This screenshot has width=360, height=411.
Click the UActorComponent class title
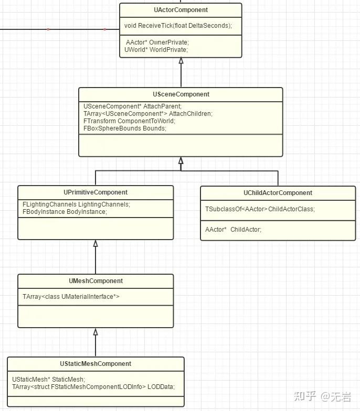181,10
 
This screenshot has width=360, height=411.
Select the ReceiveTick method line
178,26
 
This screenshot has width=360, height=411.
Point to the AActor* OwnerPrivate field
156,42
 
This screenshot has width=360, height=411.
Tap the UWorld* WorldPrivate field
156,50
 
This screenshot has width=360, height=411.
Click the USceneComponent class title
181,94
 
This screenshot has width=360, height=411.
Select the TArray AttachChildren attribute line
148,113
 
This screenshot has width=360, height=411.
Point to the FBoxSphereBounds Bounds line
125,128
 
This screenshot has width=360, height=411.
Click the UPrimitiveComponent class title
96,192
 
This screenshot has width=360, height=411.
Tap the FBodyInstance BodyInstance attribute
65,212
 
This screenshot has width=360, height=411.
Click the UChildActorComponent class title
278,193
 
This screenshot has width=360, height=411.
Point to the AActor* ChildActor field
233,229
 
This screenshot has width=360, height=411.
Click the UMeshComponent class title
96,281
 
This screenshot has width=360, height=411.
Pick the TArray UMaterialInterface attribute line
71,297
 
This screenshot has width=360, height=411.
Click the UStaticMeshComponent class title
96,364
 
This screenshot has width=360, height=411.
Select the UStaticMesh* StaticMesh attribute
48,379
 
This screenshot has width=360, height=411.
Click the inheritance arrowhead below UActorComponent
181,61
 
